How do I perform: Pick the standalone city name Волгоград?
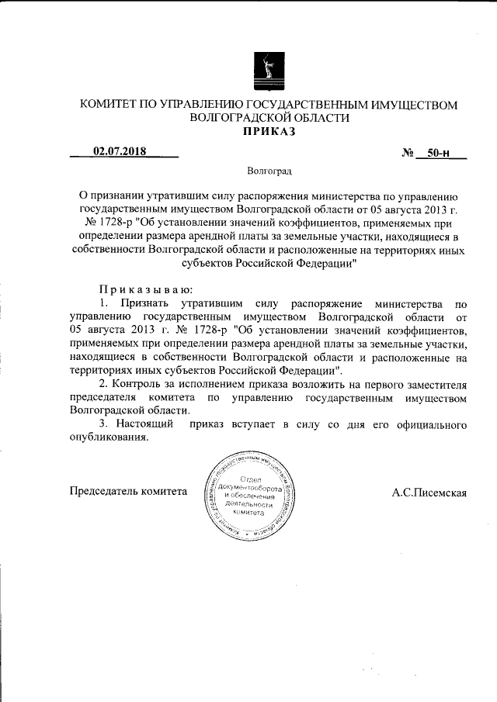(269, 170)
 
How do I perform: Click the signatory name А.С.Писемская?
(429, 492)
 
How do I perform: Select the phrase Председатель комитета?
(129, 492)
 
